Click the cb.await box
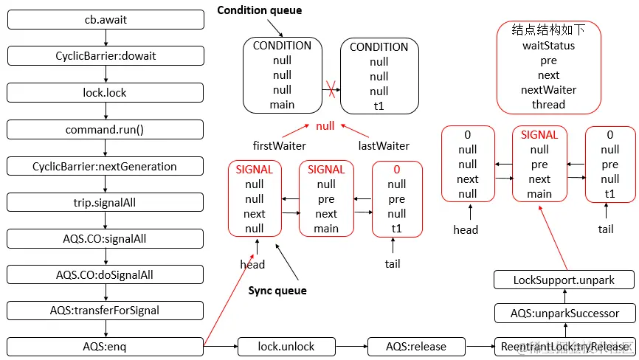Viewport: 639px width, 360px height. click(106, 20)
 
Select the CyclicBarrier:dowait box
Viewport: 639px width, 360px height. click(106, 56)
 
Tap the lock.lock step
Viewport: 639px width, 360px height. click(106, 92)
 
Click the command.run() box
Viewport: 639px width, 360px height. click(106, 129)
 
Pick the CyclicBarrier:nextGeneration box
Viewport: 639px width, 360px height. click(106, 166)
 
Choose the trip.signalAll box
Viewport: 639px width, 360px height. click(106, 201)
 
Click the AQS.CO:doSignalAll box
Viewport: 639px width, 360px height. click(106, 274)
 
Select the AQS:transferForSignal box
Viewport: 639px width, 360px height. click(106, 310)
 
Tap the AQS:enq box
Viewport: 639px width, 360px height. click(106, 346)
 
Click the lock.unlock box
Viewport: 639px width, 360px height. click(286, 346)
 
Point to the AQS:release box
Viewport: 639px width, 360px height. click(417, 346)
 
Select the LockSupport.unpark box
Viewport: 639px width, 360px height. click(564, 280)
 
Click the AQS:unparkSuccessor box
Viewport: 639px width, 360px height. click(564, 314)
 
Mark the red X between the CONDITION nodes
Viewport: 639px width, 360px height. click(331, 91)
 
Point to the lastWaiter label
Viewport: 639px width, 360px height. click(384, 146)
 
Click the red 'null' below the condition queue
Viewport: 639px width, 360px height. click(325, 126)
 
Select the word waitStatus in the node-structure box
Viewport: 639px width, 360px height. click(548, 46)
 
